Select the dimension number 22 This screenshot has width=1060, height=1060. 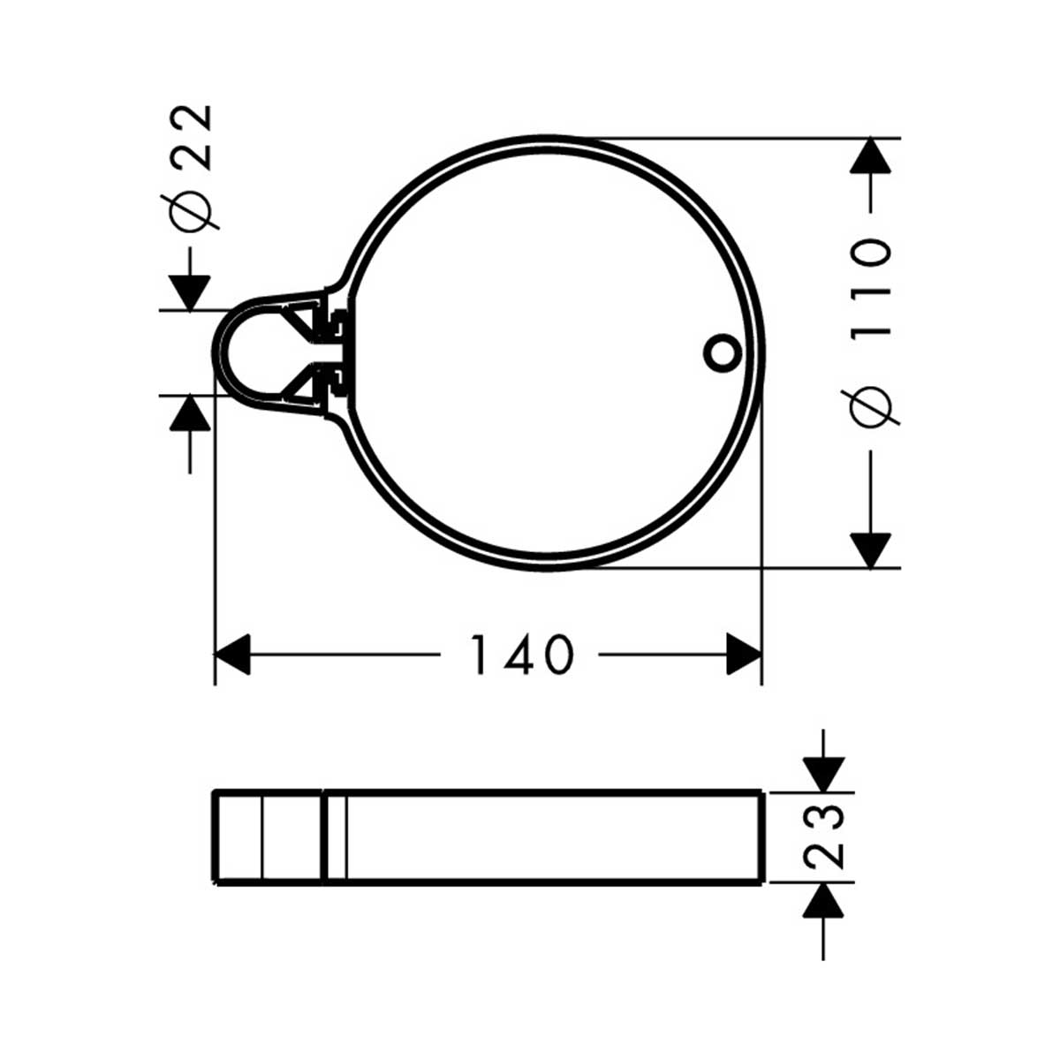tap(192, 137)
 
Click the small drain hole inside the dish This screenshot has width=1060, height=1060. tap(721, 351)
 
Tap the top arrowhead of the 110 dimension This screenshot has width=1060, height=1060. tap(871, 156)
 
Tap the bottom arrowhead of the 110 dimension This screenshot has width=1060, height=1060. tap(871, 549)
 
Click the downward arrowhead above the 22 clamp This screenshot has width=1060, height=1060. tap(190, 292)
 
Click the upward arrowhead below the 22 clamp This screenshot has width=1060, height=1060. tap(190, 413)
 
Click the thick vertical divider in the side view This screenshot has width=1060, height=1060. tap(324, 836)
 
